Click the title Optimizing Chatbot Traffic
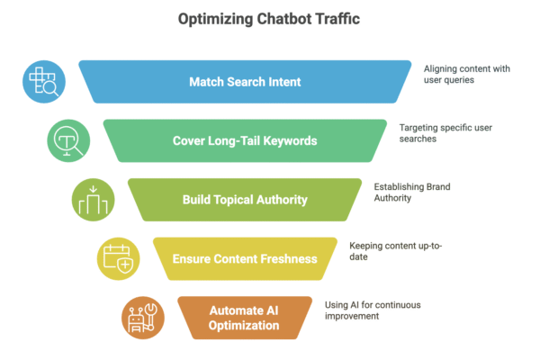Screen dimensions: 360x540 [x=270, y=20]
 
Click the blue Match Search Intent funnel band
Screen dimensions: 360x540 [x=245, y=82]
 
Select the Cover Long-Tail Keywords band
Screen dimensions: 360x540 [x=245, y=140]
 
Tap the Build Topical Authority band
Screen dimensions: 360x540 [x=245, y=200]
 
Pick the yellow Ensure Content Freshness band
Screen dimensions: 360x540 [x=245, y=259]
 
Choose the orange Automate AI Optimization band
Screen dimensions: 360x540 [x=245, y=318]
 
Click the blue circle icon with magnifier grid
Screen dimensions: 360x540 [x=43, y=83]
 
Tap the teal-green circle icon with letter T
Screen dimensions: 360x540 [x=68, y=141]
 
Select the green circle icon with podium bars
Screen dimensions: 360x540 [x=94, y=200]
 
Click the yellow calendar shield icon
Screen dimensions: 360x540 [x=118, y=259]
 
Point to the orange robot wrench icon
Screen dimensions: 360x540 [x=143, y=318]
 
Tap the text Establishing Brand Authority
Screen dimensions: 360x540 [x=412, y=193]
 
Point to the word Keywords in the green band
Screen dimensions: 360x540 [x=288, y=140]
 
